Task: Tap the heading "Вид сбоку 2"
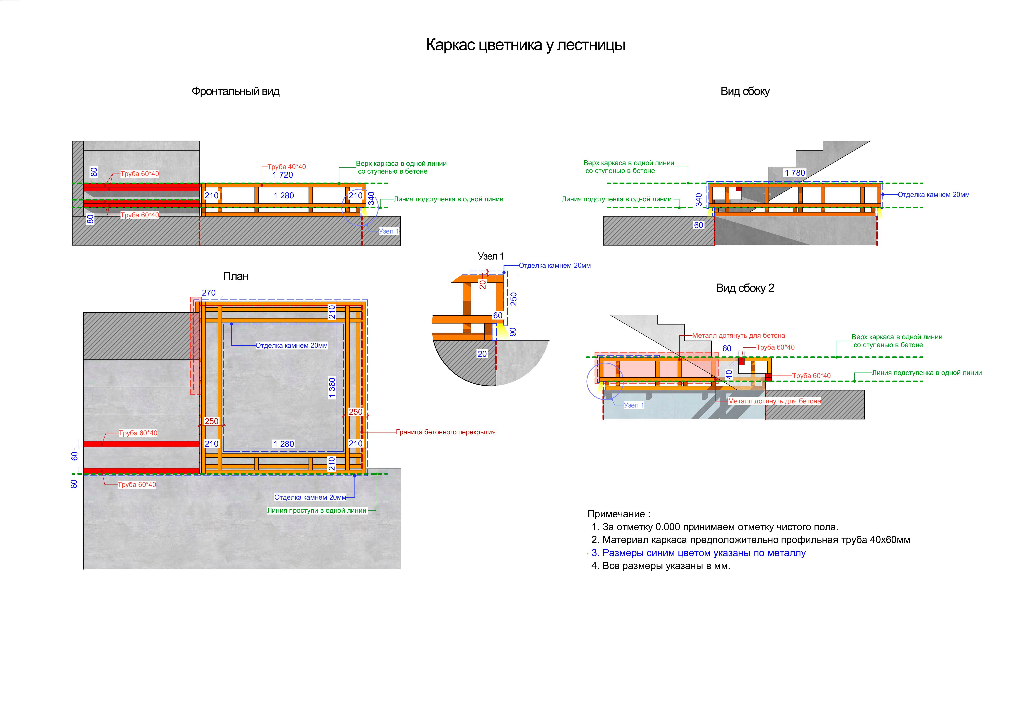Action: click(x=745, y=288)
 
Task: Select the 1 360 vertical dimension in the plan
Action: click(x=332, y=388)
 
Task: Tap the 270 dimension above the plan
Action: click(x=209, y=293)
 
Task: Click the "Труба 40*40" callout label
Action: click(x=286, y=167)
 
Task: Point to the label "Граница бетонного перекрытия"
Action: click(x=446, y=432)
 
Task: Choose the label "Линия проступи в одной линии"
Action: click(x=317, y=510)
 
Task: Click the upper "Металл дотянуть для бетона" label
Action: click(x=738, y=336)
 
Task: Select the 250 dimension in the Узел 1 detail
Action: click(x=513, y=299)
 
